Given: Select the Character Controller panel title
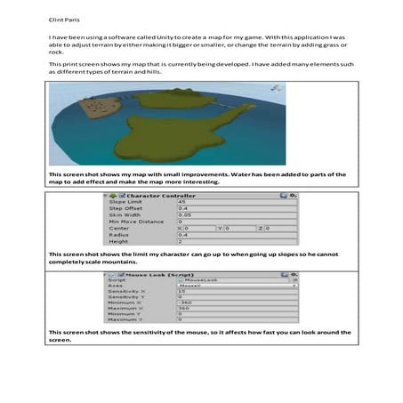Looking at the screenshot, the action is [x=160, y=195].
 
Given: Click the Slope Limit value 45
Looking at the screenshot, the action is [x=183, y=203].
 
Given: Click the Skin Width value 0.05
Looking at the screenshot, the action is [x=185, y=214].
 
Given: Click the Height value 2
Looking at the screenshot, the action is [x=181, y=240].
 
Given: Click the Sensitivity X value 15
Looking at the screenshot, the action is [x=182, y=293].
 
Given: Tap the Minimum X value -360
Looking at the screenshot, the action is [x=186, y=303].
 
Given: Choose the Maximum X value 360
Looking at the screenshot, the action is [x=184, y=309].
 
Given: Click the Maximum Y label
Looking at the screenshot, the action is [x=125, y=319].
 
